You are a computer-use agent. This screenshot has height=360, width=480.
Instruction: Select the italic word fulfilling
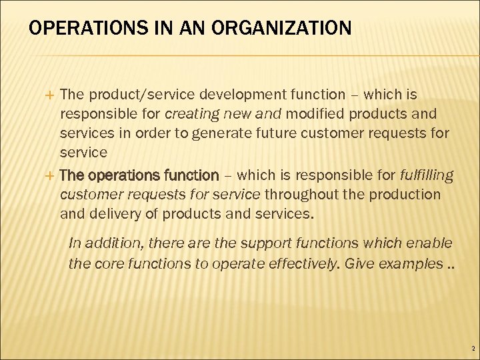tap(426, 176)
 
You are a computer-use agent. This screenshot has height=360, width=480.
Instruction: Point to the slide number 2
tap(473, 349)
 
